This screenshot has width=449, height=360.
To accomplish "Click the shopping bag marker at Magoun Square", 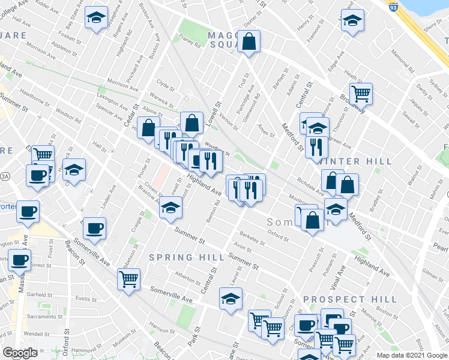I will coord(249,42).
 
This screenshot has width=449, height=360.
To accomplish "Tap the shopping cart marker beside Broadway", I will coord(361,94).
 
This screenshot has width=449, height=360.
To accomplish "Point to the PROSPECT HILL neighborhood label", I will coord(350,299).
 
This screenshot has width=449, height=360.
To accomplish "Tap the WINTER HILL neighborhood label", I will coord(356,161).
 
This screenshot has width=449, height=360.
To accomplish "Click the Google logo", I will coord(20,353).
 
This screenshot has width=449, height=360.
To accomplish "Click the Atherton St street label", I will coord(187,277).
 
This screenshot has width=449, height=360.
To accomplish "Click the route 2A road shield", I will coord(5,175).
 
